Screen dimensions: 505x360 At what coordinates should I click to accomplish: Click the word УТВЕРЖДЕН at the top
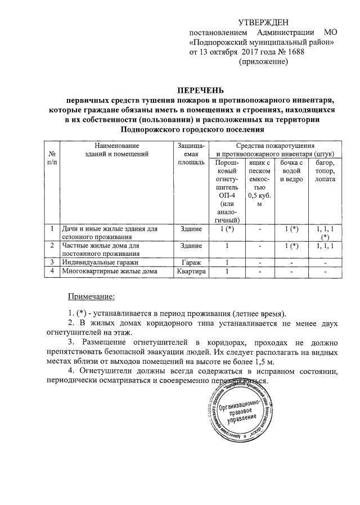(x=263, y=22)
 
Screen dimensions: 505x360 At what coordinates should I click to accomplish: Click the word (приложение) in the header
(x=264, y=62)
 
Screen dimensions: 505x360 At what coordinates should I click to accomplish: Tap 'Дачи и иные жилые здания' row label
(x=110, y=229)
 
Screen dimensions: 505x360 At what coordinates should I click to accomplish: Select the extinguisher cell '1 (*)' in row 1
(x=227, y=229)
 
